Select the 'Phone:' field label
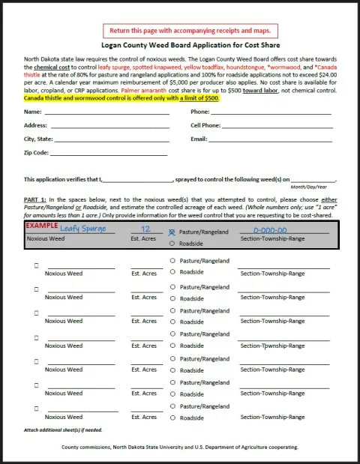(200, 112)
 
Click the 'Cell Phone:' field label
(205, 125)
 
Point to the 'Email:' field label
(199, 139)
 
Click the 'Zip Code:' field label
(36, 152)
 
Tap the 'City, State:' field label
(38, 139)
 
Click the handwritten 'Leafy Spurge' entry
(82, 229)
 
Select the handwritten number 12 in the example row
(146, 229)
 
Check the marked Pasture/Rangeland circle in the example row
(172, 232)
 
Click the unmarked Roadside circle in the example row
(172, 244)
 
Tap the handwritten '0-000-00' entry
(270, 230)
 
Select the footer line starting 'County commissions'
(180, 447)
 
